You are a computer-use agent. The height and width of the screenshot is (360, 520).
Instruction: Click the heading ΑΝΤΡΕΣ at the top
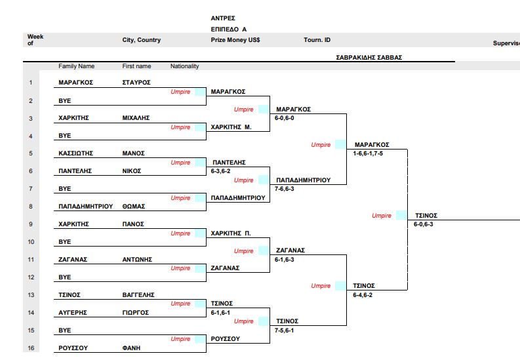(x=223, y=18)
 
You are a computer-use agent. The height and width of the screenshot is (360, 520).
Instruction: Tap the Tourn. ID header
(x=317, y=40)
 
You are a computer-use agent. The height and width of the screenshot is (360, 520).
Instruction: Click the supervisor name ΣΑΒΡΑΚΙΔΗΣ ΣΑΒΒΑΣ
(x=369, y=57)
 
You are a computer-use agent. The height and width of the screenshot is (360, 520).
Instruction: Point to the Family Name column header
(x=76, y=66)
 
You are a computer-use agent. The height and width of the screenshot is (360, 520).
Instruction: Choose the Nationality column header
(x=184, y=66)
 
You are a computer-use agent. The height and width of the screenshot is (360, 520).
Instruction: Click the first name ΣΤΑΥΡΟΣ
(x=136, y=83)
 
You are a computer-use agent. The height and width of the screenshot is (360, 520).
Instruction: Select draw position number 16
(x=30, y=348)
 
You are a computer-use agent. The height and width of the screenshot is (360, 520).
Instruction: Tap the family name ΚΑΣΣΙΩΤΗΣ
(x=75, y=153)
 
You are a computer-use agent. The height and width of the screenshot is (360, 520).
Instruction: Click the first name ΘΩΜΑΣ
(x=134, y=207)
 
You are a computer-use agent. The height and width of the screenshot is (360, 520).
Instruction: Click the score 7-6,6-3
(x=285, y=189)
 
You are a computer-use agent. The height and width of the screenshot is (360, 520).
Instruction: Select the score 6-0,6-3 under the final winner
(x=423, y=224)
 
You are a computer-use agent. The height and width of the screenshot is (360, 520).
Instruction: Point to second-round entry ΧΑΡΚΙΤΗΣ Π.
(x=231, y=233)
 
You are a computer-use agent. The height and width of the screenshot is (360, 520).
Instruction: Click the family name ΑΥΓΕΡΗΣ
(x=73, y=313)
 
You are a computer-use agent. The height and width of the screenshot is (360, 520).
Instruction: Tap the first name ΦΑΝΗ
(x=131, y=348)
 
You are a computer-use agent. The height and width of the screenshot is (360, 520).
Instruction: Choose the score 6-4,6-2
(x=362, y=295)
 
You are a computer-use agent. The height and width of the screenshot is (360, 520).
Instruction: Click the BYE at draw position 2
(x=65, y=101)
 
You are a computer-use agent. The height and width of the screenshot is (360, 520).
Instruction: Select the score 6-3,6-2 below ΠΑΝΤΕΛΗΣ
(x=220, y=171)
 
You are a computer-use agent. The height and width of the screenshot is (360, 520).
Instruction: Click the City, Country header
(x=141, y=40)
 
